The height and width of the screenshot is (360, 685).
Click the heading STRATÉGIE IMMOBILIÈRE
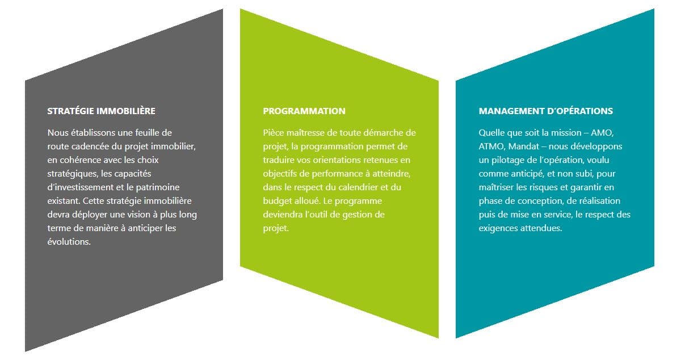(x=101, y=111)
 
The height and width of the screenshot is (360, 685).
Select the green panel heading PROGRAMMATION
(x=304, y=111)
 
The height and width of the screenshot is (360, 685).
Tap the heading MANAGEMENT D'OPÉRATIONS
(x=545, y=111)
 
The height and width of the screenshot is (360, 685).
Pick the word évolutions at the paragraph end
(x=69, y=242)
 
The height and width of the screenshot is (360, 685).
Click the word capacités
(x=133, y=174)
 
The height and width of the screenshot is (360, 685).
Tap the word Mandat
(x=523, y=146)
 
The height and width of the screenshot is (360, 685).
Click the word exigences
(x=498, y=228)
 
